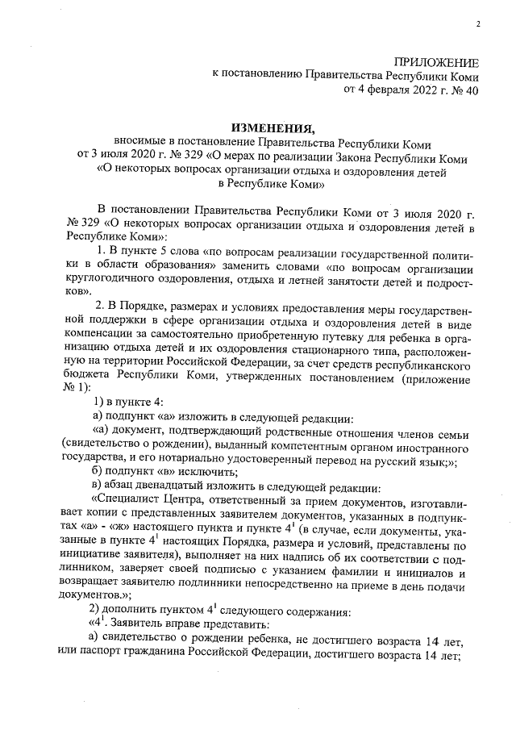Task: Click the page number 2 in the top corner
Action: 478,24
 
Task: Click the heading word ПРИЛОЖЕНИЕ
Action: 435,63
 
